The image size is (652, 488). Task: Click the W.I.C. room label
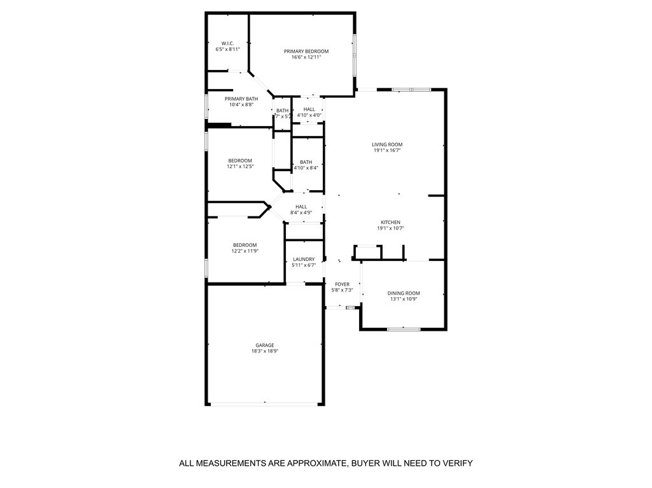[227, 43]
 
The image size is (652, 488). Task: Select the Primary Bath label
[241, 99]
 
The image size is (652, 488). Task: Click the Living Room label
[387, 144]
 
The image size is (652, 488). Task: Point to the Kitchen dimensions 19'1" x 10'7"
[390, 228]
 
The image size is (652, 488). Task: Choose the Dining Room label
[404, 293]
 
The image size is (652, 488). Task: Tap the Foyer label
[342, 284]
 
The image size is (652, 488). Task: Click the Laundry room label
[304, 259]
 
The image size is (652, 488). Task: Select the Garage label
[265, 345]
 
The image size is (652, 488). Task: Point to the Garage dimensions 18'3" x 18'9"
[265, 351]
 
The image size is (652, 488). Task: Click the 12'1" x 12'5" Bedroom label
[240, 160]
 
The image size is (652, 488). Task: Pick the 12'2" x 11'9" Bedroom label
[244, 245]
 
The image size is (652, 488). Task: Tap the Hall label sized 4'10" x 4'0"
[309, 109]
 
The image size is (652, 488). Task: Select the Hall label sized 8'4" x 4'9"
[301, 206]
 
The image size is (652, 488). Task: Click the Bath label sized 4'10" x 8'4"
[306, 162]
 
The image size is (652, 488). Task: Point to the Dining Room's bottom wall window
[404, 329]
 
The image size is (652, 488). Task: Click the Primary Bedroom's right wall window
[355, 54]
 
